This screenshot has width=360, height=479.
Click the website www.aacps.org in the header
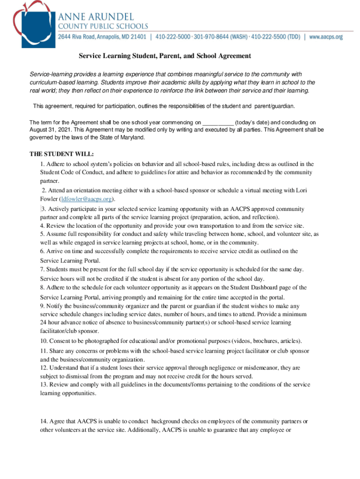326,36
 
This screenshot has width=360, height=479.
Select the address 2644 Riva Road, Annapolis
101,36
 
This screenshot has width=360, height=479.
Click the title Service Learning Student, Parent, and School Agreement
165,56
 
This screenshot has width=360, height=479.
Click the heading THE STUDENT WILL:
62,153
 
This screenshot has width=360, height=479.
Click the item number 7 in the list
42,269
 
